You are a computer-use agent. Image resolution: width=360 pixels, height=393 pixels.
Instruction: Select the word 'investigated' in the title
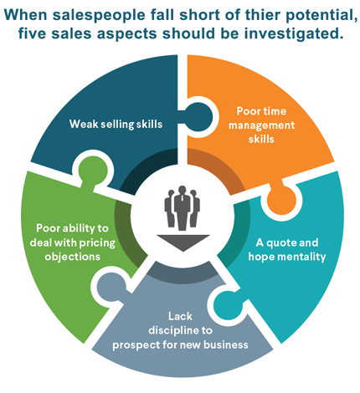293,34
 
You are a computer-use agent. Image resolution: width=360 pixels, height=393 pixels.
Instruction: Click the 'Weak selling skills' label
116,124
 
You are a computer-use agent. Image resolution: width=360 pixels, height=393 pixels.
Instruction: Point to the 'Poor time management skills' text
261,125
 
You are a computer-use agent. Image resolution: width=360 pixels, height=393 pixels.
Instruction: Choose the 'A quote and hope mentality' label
287,250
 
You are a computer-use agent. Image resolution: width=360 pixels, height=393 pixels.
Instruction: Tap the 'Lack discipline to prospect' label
180,330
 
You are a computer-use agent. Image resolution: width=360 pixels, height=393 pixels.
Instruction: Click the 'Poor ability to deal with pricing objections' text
73,242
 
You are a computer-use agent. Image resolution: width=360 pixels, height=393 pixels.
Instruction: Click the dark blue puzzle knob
198,117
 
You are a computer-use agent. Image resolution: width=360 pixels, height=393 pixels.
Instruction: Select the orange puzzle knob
281,199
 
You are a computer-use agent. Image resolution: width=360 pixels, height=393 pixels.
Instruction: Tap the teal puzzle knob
229,305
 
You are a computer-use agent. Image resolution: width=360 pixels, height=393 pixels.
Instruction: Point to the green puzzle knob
92,171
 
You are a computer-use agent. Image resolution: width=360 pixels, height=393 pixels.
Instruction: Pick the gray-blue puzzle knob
112,288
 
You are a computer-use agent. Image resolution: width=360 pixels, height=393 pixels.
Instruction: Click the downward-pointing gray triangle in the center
183,242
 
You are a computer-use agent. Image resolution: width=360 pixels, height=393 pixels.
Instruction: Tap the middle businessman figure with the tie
183,207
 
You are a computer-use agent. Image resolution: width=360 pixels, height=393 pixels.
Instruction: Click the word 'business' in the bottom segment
226,345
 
